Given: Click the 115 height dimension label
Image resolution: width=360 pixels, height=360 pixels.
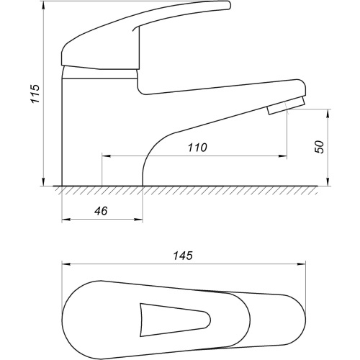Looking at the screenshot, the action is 36,94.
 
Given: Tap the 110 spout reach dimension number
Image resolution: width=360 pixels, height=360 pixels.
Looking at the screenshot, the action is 197,148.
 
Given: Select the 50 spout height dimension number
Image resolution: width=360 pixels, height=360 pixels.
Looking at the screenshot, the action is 320,147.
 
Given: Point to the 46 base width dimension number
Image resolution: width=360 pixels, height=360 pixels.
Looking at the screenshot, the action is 101,211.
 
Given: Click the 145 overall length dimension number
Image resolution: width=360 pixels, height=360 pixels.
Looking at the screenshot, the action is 183,256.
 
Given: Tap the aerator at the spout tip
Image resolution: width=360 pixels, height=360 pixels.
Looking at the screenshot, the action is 287,106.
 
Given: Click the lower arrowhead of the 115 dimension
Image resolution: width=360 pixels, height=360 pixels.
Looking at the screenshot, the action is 43,181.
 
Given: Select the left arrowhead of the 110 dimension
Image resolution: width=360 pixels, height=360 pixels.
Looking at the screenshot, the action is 107,156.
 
